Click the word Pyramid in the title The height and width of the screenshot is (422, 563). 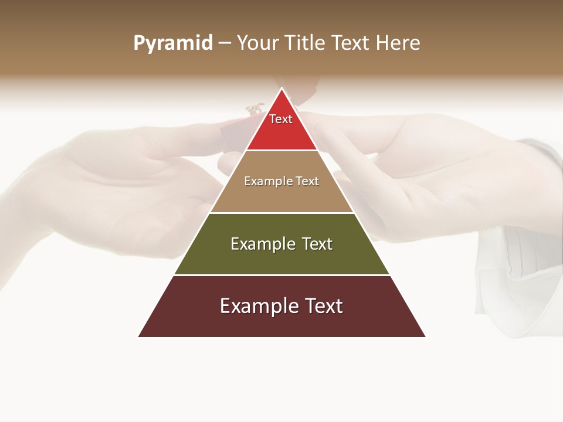point(173,43)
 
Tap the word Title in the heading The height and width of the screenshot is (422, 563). point(306,43)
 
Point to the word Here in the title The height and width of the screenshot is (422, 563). point(398,43)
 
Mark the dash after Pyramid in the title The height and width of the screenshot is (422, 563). point(224,43)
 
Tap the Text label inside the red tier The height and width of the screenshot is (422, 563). point(281,119)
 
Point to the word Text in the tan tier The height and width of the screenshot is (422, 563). point(307,181)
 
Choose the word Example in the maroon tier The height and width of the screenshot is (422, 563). point(253,306)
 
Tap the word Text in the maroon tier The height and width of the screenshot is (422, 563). point(321,306)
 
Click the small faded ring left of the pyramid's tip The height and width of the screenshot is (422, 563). point(255,109)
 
